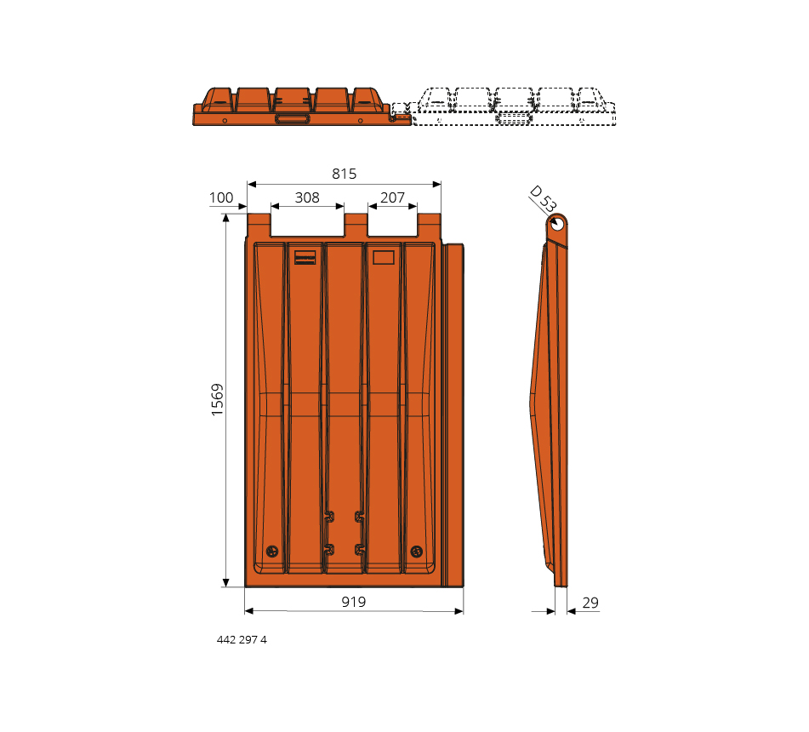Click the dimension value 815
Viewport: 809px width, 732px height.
[345, 174]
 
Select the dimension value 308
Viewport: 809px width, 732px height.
[307, 197]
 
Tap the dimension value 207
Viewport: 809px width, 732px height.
[393, 197]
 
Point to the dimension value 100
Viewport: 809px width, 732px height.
[221, 197]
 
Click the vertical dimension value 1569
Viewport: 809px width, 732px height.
[217, 399]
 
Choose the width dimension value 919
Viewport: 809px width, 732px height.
[354, 602]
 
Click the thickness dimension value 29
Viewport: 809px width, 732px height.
[590, 603]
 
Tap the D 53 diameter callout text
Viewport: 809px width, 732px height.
[544, 199]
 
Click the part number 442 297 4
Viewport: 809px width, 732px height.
[242, 639]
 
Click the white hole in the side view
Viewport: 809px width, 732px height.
[558, 225]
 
